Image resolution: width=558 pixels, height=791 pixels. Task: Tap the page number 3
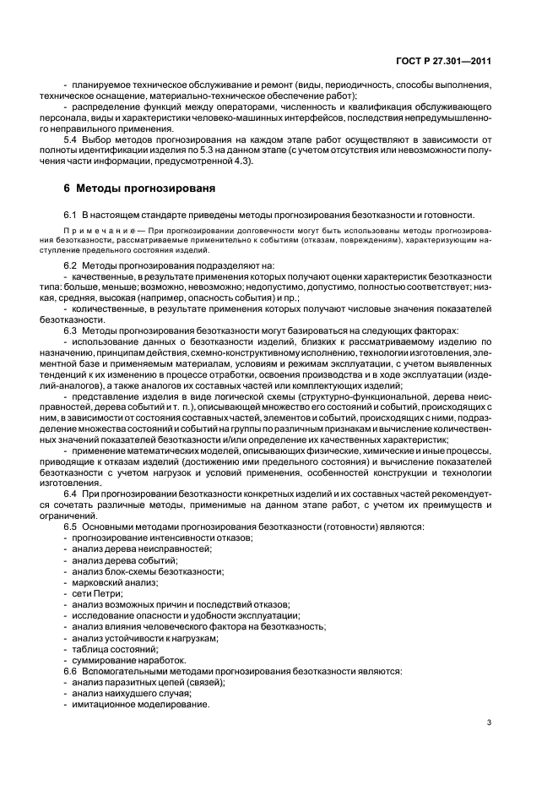coord(489,722)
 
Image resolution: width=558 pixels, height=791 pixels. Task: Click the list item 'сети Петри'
coord(98,593)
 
